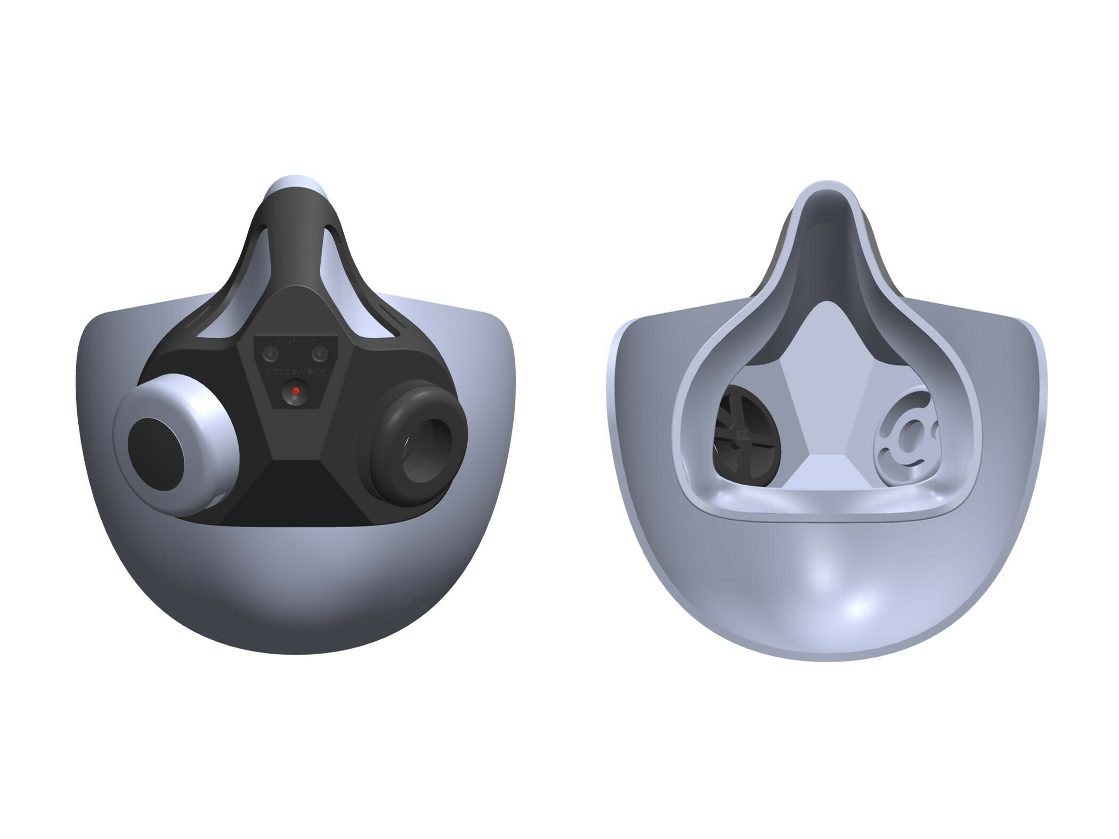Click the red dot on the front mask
pos(296,392)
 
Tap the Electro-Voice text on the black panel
pos(295,371)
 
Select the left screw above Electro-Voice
pos(271,352)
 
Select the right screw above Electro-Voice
pos(320,352)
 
